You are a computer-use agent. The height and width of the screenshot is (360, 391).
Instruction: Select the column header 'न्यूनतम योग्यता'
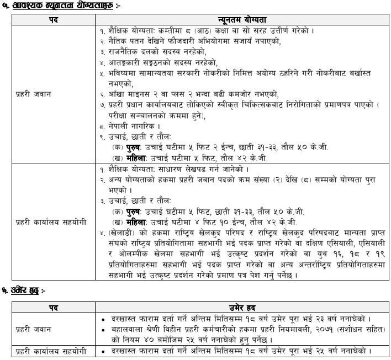click(x=240, y=20)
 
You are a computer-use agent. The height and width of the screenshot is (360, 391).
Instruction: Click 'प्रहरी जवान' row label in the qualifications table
click(x=34, y=94)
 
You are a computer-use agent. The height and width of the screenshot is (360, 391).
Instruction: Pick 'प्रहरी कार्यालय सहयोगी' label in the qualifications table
click(x=48, y=221)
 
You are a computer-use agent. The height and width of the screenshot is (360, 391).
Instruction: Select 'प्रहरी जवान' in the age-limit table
click(x=34, y=329)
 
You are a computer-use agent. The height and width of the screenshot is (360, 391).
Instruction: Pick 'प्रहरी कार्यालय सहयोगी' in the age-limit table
click(x=48, y=352)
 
